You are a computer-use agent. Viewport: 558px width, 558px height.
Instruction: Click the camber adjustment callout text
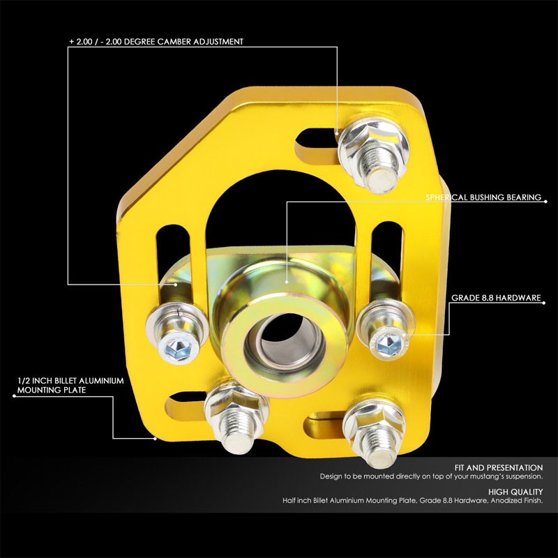156,42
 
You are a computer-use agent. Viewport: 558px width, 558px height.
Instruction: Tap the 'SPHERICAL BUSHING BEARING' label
483,197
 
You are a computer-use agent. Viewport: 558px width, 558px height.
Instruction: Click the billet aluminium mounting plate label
70,386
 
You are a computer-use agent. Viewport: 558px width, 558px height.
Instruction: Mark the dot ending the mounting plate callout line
156,439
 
